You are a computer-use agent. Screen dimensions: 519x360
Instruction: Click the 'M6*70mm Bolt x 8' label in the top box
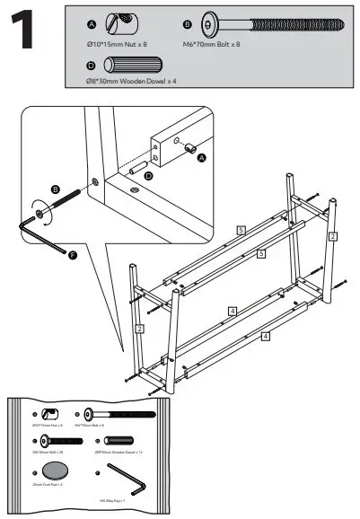coord(212,44)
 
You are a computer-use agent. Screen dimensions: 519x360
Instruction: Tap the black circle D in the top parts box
coord(90,65)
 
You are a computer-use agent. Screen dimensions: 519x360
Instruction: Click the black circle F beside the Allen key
coord(72,257)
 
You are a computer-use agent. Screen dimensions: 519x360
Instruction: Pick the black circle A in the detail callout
coord(202,156)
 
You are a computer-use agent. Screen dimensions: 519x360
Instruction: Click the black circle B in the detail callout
coord(55,189)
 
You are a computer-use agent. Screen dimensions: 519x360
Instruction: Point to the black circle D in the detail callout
coord(149,177)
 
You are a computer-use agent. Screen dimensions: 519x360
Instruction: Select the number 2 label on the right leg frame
coord(332,236)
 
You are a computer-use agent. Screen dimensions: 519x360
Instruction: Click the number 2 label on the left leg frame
coord(140,329)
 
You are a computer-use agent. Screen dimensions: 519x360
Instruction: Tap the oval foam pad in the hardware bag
coord(57,471)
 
